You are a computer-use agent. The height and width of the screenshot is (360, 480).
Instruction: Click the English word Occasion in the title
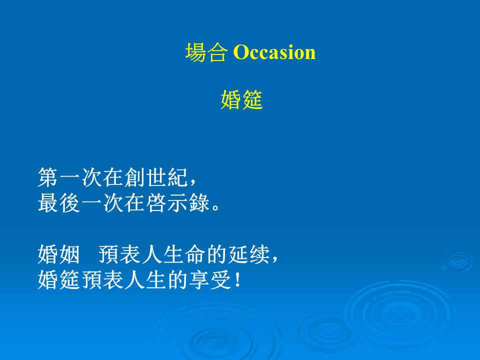[x=274, y=52]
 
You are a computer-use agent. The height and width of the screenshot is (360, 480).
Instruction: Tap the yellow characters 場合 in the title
[x=206, y=52]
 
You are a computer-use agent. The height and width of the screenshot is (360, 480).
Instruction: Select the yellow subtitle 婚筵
[x=241, y=100]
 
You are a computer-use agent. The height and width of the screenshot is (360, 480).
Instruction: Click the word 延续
[x=249, y=254]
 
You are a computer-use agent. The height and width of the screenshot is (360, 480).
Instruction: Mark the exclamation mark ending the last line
[x=237, y=280]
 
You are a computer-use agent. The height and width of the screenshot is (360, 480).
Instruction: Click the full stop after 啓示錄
[x=215, y=207]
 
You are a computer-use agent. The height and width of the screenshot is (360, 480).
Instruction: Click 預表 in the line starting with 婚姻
[x=120, y=254]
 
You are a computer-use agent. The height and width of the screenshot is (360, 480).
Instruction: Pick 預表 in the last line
[x=102, y=280]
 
